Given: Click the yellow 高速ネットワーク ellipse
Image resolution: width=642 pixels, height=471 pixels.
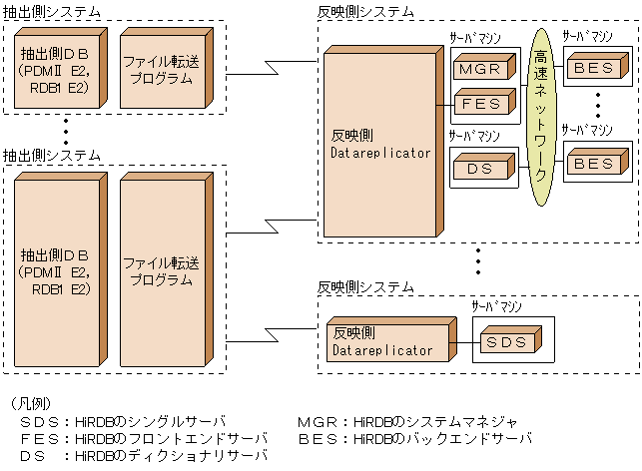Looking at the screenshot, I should pos(540,115).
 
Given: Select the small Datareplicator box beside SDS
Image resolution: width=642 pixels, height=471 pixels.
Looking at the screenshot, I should pos(383,342).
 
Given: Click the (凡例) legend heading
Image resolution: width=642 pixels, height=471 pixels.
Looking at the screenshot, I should pos(29,404).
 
